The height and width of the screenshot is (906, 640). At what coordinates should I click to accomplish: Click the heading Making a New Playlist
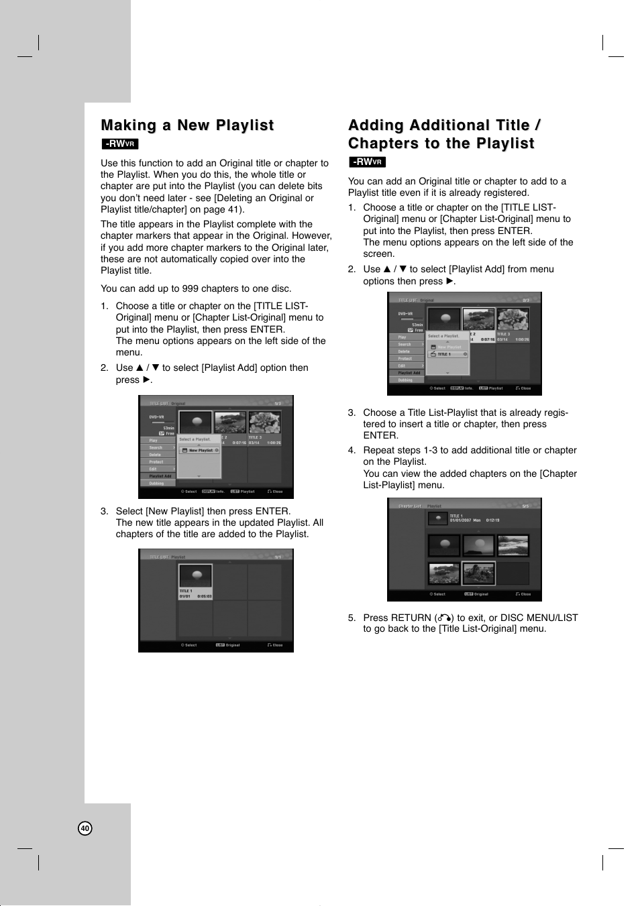tap(187, 125)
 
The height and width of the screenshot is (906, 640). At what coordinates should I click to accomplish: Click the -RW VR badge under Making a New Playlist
tap(120, 144)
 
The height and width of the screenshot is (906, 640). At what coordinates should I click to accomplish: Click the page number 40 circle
tap(85, 828)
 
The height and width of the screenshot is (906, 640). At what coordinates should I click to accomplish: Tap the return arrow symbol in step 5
tap(443, 618)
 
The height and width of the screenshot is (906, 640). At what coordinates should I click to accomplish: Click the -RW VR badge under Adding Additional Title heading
tap(367, 162)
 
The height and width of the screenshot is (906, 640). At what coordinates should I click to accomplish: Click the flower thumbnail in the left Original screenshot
tap(264, 423)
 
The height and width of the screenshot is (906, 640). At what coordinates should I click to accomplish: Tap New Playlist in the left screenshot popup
tap(200, 451)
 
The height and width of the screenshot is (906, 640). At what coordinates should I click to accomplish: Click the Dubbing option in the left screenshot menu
tap(156, 483)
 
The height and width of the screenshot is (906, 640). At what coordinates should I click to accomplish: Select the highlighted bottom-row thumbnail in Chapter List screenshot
tap(478, 573)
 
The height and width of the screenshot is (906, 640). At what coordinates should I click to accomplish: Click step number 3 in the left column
tap(104, 511)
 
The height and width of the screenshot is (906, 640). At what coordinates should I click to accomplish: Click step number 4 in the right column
tap(352, 450)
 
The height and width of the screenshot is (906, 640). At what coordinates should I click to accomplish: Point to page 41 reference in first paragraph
tap(229, 209)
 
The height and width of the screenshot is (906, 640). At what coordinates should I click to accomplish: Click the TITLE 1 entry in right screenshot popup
tap(446, 354)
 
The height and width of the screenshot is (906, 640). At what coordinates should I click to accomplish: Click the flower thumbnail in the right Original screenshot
tap(513, 320)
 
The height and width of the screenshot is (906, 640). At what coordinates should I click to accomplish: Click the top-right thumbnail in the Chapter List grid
tap(513, 545)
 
